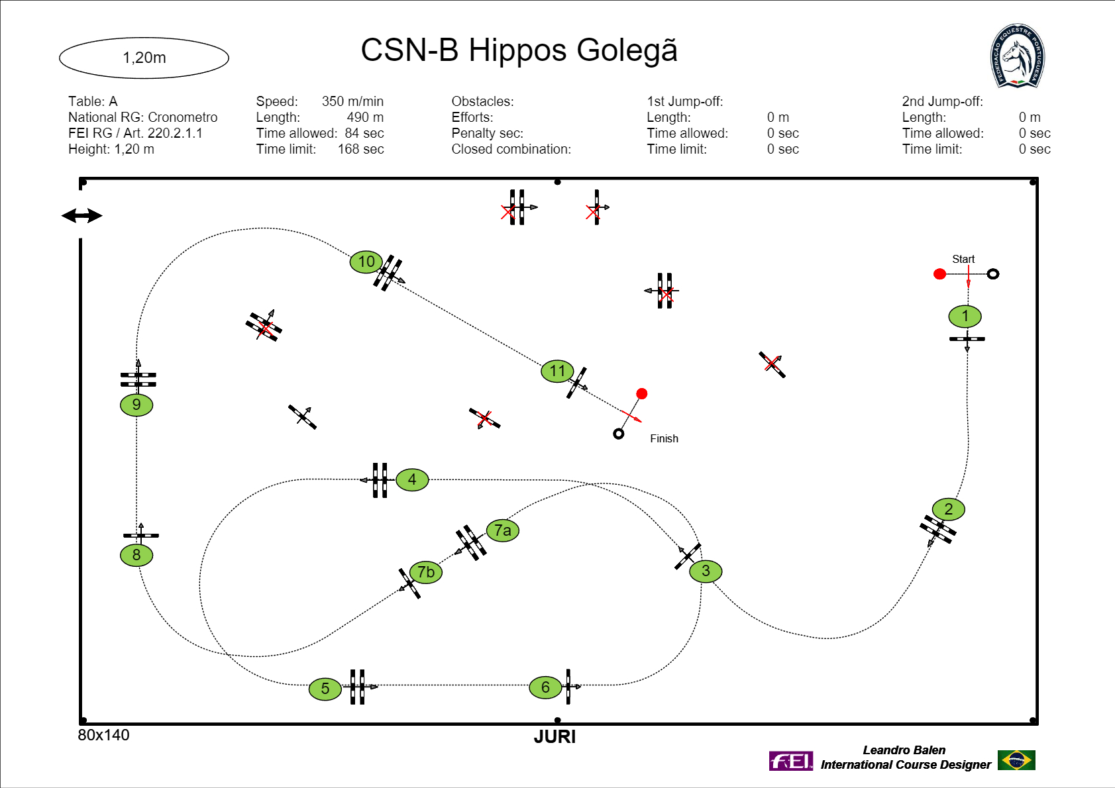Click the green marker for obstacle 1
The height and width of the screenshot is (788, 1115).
[x=965, y=317]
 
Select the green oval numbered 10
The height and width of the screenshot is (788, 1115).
[x=366, y=262]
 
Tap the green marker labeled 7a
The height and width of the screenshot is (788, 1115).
[x=502, y=530]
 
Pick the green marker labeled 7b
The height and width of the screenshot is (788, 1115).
[x=425, y=572]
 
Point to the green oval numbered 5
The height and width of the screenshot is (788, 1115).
[x=325, y=689]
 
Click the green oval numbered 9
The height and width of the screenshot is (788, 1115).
[x=136, y=405]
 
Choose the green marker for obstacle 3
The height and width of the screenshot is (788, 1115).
[x=706, y=571]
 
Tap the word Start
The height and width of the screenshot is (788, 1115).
[x=963, y=259]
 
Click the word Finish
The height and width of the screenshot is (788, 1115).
[x=664, y=438]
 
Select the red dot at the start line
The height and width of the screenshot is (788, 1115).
[x=939, y=274]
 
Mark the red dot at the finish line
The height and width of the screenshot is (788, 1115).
[x=641, y=394]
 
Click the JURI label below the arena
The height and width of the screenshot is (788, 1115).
[x=555, y=737]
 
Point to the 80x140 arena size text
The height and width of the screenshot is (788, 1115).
[x=103, y=735]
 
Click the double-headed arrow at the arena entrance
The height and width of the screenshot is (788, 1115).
[x=81, y=216]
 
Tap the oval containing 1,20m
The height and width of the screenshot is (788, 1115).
[x=144, y=58]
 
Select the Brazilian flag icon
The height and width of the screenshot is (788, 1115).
[x=1016, y=760]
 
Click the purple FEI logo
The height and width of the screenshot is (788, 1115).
[x=790, y=761]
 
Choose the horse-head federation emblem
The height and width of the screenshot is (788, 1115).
[x=1017, y=56]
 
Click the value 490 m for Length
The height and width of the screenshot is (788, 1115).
[x=365, y=117]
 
